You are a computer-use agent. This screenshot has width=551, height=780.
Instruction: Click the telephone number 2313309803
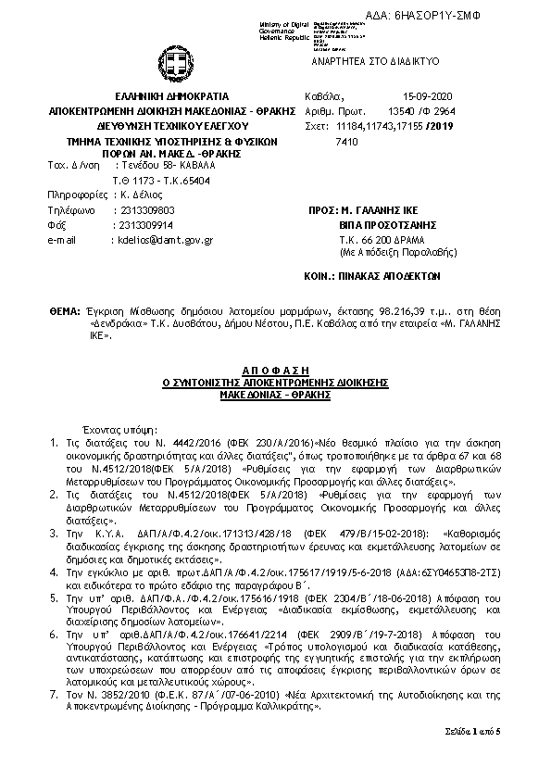tap(139, 210)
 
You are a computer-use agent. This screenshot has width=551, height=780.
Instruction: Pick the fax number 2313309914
tap(139, 224)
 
